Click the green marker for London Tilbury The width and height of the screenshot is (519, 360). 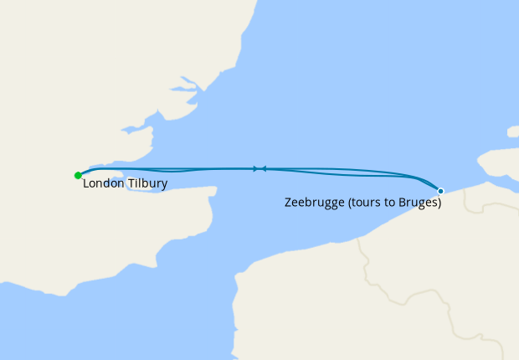[x=78, y=175]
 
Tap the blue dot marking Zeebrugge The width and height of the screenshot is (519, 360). [x=440, y=191]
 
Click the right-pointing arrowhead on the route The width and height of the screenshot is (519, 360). [x=255, y=168]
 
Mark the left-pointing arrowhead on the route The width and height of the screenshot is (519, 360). [x=264, y=168]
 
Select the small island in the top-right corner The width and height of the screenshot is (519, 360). [x=512, y=131]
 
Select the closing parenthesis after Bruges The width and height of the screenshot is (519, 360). [x=439, y=203]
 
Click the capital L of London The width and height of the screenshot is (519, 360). [x=86, y=183]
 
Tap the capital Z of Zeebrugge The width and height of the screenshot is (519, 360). [x=289, y=203]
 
